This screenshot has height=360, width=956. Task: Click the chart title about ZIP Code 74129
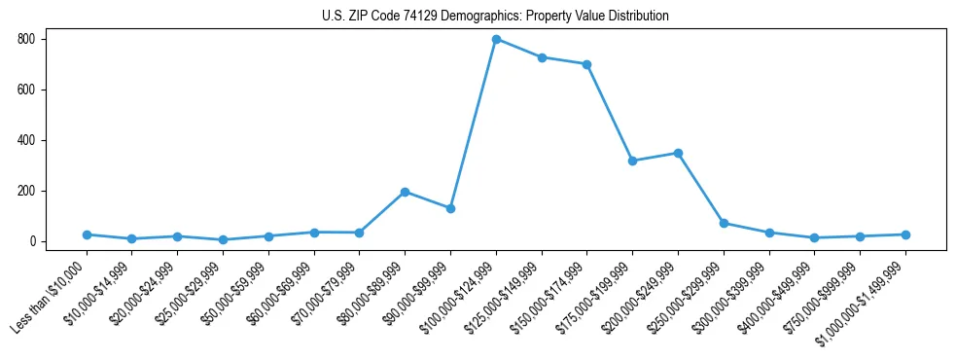click(x=495, y=17)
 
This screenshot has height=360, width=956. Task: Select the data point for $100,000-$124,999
click(x=496, y=39)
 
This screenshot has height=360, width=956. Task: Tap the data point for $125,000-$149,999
click(x=542, y=57)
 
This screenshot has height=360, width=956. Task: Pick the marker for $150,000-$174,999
click(x=587, y=64)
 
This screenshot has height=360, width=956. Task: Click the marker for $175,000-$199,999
click(x=633, y=161)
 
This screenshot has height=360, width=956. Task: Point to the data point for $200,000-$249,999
click(x=678, y=153)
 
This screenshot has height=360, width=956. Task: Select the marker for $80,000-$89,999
click(x=405, y=192)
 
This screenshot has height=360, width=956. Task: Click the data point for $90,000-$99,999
click(x=450, y=208)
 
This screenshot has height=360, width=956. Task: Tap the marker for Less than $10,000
click(x=87, y=234)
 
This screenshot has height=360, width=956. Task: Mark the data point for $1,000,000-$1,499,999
click(x=905, y=234)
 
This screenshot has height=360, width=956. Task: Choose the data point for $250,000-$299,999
click(x=724, y=223)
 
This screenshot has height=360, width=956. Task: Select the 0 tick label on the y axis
click(x=33, y=241)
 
